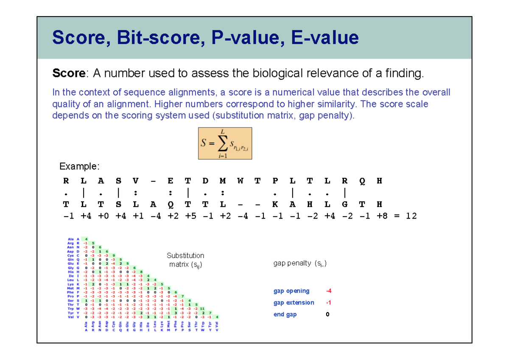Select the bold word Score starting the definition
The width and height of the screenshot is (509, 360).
tap(68, 73)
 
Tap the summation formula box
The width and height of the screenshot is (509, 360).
tap(225, 143)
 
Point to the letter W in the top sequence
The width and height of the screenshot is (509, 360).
tap(241, 180)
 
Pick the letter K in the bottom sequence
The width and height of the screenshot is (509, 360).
tap(275, 204)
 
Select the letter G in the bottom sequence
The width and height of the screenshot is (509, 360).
tap(345, 204)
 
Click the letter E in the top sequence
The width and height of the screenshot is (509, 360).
tap(171, 180)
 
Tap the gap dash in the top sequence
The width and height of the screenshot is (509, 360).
tap(153, 180)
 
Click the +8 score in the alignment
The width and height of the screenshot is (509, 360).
tap(379, 216)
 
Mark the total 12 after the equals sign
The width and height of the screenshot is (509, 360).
tap(411, 216)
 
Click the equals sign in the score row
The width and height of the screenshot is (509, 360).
tap(396, 216)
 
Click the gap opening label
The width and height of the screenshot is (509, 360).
tap(291, 291)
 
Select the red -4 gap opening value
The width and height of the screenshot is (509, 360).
tap(328, 291)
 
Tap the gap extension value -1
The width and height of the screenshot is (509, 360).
tap(328, 303)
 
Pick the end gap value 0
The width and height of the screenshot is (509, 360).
tap(327, 315)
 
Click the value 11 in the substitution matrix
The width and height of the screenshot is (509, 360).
tap(203, 309)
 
